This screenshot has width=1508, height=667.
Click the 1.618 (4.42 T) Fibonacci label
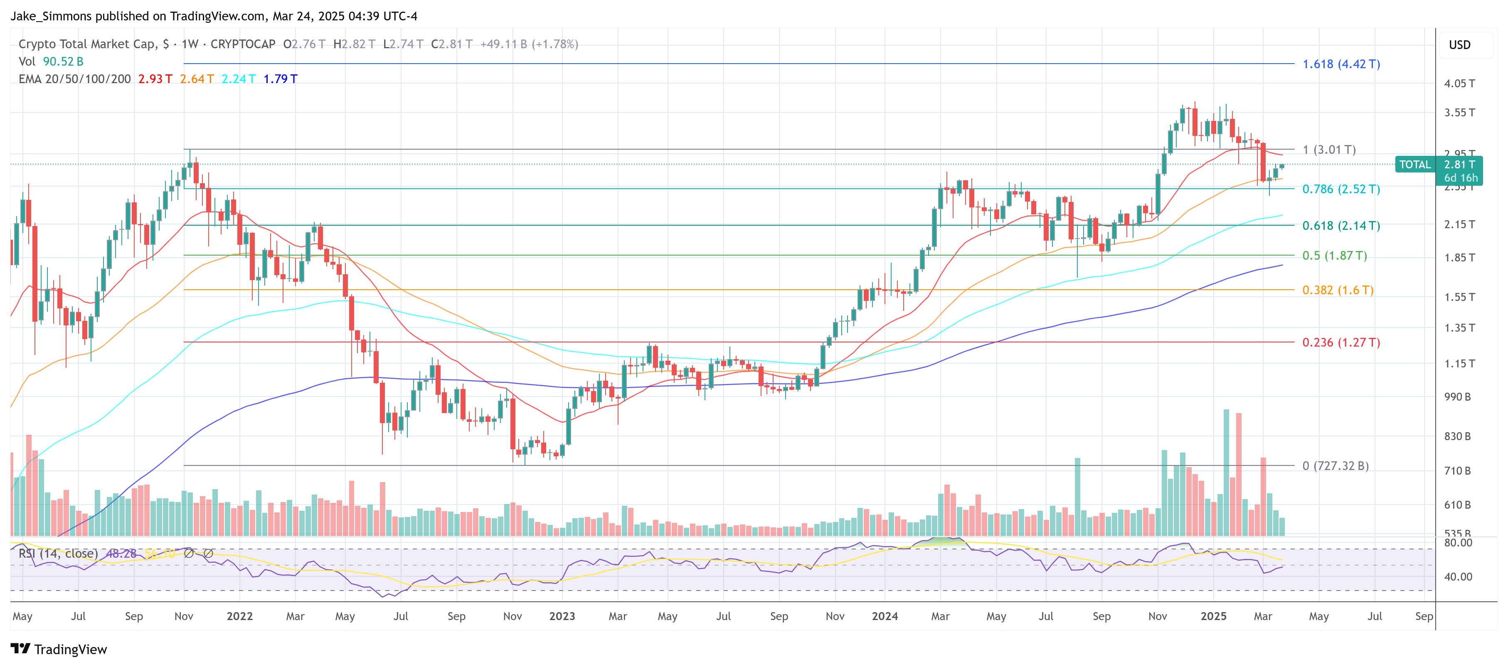click(1340, 64)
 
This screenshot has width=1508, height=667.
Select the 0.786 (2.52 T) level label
click(1340, 189)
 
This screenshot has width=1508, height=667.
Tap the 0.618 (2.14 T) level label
click(1340, 225)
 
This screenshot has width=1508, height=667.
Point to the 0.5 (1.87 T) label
click(1334, 256)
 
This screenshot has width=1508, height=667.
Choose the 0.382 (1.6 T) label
click(1337, 290)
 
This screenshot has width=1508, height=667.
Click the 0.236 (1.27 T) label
click(1340, 342)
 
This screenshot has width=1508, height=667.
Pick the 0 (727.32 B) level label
click(1335, 466)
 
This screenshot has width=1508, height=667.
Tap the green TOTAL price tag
click(1414, 165)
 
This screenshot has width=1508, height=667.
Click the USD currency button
click(1459, 45)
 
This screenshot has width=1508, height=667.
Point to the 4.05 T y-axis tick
click(1459, 83)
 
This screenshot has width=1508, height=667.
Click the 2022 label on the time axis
click(239, 616)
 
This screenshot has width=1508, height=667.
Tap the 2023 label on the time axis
click(562, 616)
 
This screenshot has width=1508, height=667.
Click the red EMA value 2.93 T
click(155, 79)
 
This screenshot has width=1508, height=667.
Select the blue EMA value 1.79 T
click(281, 79)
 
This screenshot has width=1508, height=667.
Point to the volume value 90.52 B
click(63, 62)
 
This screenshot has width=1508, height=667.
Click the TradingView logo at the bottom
click(59, 650)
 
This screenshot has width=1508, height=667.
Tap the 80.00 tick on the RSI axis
click(1458, 542)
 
